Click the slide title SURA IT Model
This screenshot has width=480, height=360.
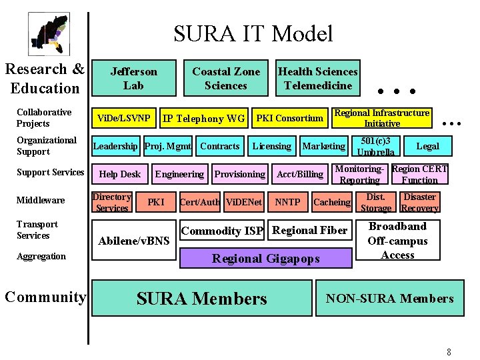point(253,33)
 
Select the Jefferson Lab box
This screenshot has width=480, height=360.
point(133,78)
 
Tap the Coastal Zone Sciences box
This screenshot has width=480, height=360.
point(226,78)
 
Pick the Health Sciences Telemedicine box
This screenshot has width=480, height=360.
point(317,78)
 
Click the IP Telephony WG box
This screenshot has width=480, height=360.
point(203,119)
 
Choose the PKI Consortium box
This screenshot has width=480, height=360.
point(289,119)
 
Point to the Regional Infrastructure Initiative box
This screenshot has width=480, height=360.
point(382,118)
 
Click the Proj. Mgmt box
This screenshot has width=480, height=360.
point(168,146)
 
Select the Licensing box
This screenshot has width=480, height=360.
point(271,146)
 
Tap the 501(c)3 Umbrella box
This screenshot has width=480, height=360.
point(375,146)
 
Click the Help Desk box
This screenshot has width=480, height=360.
point(120,174)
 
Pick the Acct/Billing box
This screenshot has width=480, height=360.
point(300,174)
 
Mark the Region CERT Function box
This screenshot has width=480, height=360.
point(419,174)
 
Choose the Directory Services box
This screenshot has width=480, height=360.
point(112,202)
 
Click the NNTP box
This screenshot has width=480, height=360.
point(287,202)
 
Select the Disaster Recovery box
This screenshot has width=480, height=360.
point(419,202)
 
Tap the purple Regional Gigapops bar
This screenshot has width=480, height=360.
point(265,259)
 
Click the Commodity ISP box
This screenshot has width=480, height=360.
point(222,231)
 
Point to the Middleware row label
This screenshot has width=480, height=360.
point(41,200)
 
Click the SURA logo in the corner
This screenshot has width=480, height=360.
point(49,34)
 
